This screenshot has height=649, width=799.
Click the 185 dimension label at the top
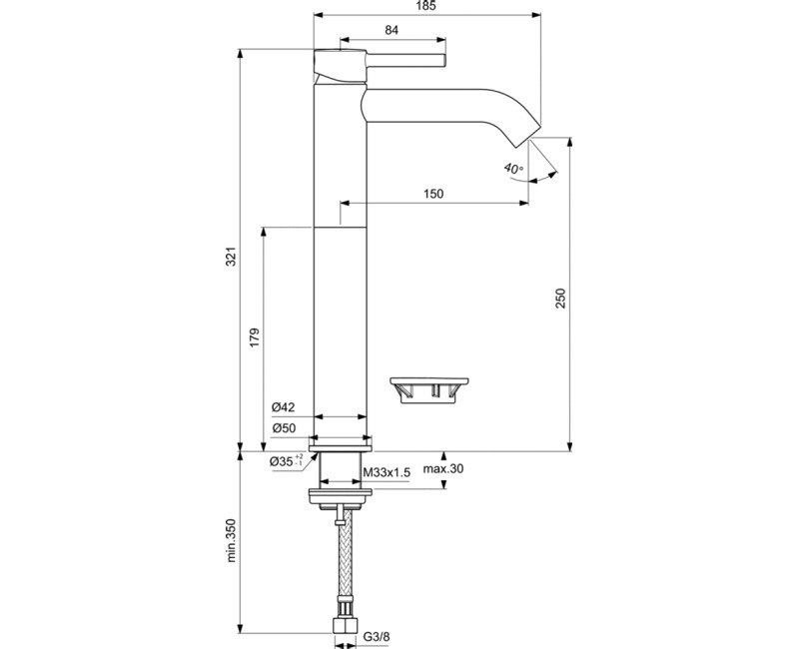pos(427,7)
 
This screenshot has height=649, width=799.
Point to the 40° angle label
pos(513,169)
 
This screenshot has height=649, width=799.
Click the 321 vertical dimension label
pos(232,257)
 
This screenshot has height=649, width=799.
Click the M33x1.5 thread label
pos(387,471)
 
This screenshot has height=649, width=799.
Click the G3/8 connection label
pos(376,635)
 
